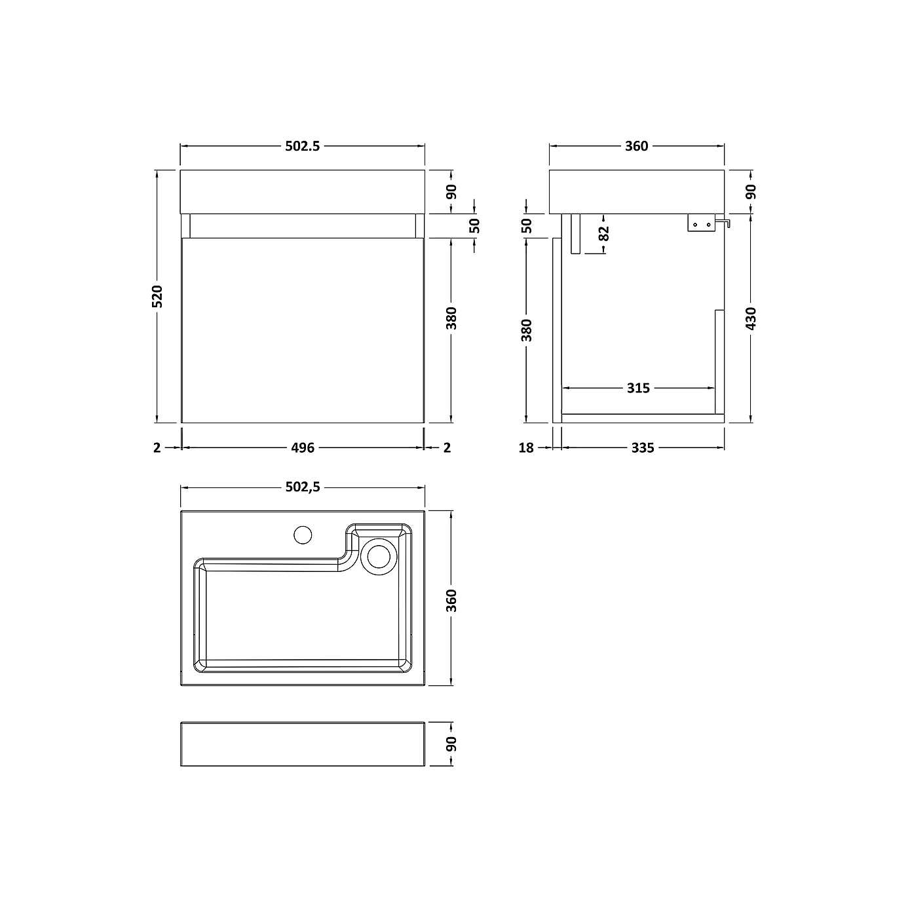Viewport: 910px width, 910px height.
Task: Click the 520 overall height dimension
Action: [157, 296]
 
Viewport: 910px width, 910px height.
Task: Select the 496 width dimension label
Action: [302, 447]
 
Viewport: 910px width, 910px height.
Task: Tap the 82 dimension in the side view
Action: [604, 233]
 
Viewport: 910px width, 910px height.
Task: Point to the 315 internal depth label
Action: [637, 388]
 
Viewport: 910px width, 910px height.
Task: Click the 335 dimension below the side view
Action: [642, 447]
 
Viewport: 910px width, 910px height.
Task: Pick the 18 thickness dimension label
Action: [526, 447]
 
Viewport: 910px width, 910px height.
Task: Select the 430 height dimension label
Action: [751, 318]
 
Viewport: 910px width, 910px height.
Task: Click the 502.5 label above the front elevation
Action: [302, 146]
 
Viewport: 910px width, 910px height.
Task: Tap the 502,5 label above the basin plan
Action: [302, 487]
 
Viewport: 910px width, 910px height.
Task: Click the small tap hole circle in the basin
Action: [303, 535]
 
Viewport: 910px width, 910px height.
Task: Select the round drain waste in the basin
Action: [379, 556]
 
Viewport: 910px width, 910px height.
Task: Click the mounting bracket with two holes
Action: [700, 223]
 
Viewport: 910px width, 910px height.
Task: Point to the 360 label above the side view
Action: [636, 146]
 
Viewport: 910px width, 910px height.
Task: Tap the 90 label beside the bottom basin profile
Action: [451, 744]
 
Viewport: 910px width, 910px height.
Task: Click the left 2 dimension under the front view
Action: [157, 447]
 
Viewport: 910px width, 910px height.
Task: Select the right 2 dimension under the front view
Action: [447, 447]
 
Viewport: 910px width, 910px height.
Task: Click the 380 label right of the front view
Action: [451, 318]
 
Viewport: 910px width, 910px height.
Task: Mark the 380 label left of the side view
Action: [527, 330]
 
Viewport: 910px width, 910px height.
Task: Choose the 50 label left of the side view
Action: [527, 225]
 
